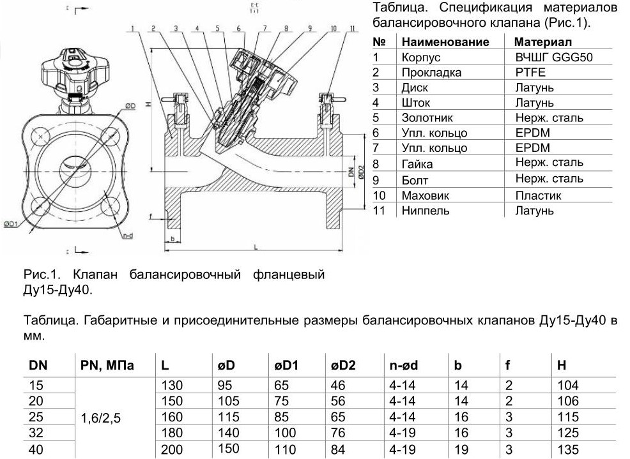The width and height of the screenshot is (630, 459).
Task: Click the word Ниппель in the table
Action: [x=425, y=210]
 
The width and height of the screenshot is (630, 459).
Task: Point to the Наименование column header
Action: [x=445, y=41]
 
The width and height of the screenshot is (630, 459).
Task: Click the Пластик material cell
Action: [x=538, y=195]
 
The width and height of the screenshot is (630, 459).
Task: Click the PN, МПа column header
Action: [x=107, y=365]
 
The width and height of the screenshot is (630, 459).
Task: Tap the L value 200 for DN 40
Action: [x=172, y=449]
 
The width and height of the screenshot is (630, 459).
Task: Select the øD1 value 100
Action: [x=286, y=433]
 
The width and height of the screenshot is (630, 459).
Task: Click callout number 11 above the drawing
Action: [x=351, y=29]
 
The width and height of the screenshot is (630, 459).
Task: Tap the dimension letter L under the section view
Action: [x=255, y=246]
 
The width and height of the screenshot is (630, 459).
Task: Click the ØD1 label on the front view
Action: [x=10, y=223]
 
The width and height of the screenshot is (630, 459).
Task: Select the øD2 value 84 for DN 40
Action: [x=338, y=449]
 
